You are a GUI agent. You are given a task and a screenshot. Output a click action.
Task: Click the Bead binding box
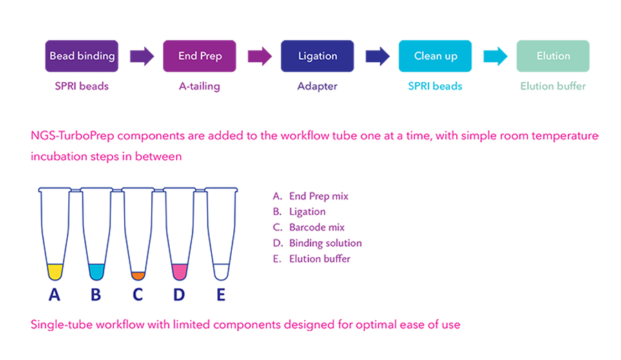81,56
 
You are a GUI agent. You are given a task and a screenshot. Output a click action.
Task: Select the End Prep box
199,56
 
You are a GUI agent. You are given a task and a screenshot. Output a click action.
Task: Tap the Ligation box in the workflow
317,56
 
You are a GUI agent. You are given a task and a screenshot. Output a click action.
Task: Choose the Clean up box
435,56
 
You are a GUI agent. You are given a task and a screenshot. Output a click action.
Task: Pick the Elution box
553,56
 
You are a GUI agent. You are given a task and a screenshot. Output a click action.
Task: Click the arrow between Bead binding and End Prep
141,56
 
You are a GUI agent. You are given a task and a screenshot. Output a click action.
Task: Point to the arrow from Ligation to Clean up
377,56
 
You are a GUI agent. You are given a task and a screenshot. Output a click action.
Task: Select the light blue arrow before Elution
495,56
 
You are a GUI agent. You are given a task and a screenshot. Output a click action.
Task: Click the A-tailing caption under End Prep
199,86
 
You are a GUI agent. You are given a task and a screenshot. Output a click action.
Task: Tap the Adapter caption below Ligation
317,86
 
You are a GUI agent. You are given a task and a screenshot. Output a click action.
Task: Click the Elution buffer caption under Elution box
553,86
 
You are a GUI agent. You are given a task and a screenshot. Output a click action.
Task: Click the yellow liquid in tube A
55,271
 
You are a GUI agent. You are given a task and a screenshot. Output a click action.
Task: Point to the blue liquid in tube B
96,271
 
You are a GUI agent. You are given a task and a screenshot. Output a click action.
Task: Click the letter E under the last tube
221,295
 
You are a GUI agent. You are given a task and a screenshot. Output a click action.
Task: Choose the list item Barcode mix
317,228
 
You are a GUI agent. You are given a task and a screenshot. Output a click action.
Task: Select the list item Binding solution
325,243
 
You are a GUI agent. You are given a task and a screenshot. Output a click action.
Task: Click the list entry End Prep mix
318,196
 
